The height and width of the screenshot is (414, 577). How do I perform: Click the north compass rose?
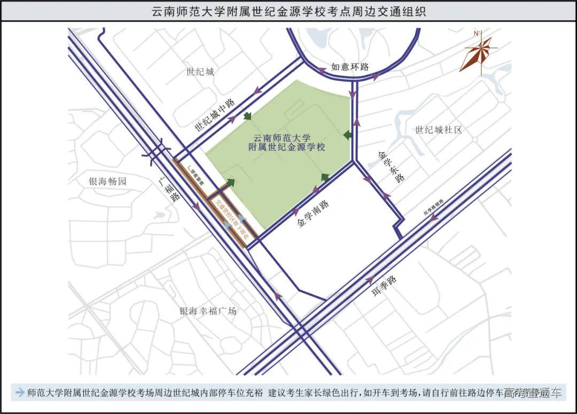point(478,53)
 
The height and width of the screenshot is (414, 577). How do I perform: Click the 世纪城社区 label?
point(438,130)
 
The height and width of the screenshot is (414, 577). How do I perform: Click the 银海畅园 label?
point(108,182)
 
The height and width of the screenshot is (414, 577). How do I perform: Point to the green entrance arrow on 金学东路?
point(348,135)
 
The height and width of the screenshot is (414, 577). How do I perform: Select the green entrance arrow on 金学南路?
point(325,177)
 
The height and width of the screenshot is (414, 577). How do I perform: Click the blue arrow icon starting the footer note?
point(20,393)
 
